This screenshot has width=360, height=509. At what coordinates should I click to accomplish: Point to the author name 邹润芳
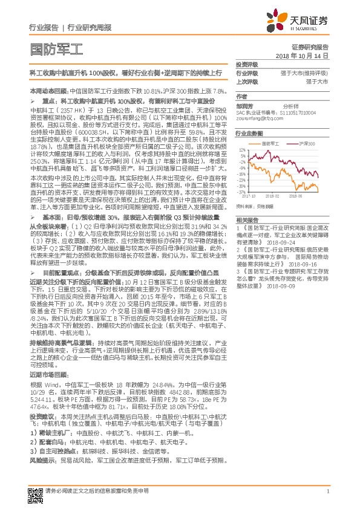pos(244,106)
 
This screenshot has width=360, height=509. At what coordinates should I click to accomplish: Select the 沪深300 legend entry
pos(304,144)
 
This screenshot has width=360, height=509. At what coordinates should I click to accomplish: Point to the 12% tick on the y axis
pos(242,149)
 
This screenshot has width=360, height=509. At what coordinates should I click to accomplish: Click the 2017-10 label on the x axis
pos(248,196)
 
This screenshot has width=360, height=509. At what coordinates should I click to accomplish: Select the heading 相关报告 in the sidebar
pos(247,219)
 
